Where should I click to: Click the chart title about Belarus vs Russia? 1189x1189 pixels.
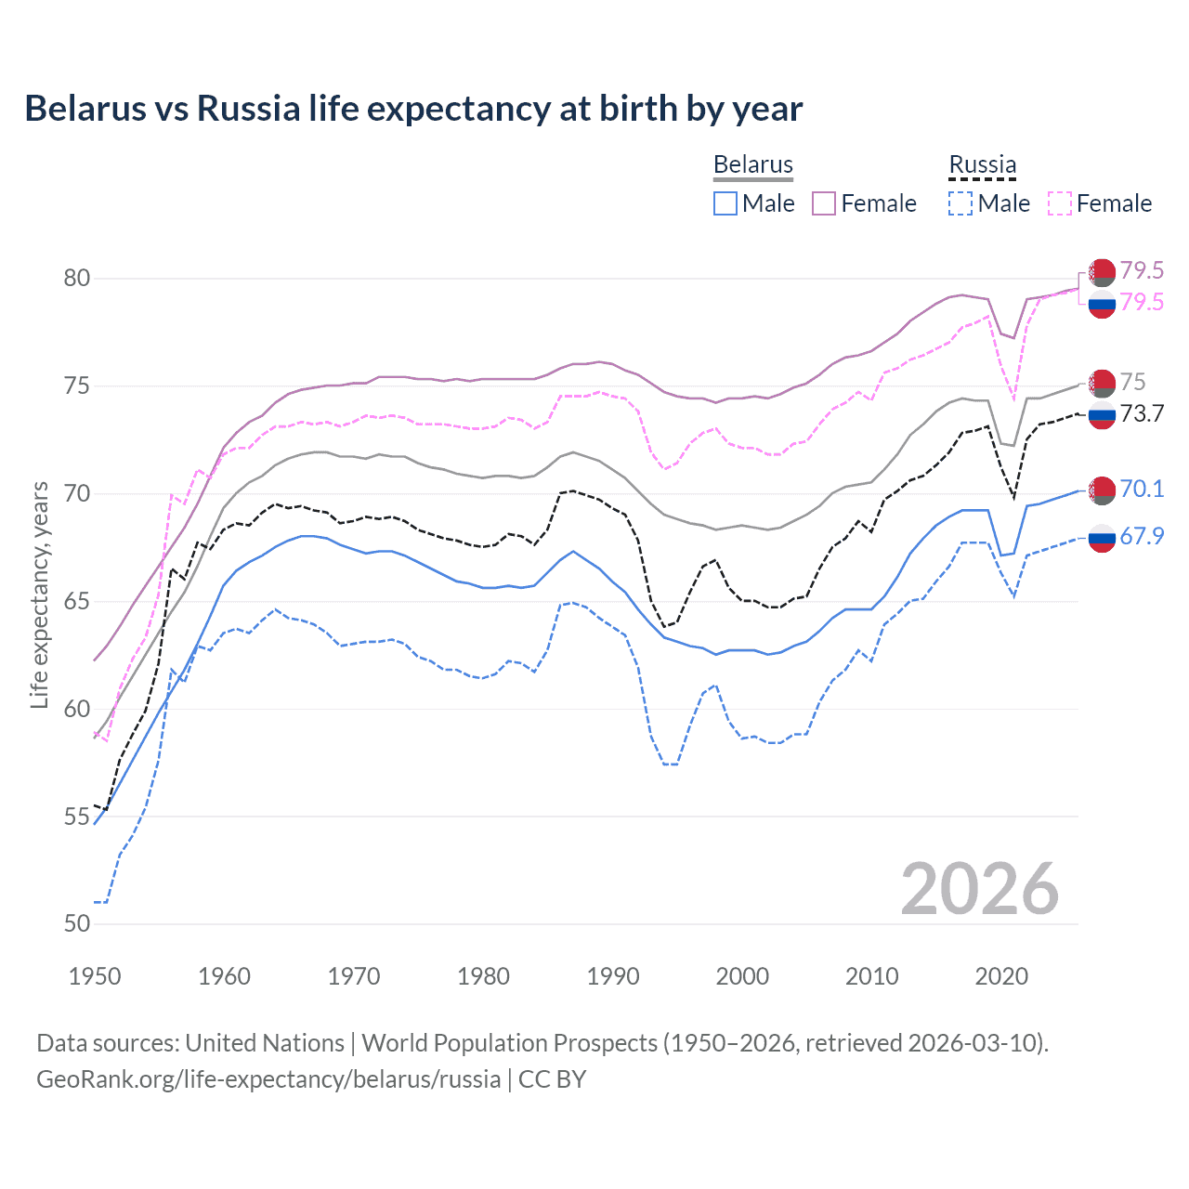[x=413, y=109]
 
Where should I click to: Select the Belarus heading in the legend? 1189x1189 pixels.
[x=752, y=164]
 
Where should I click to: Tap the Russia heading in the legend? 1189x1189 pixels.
[x=982, y=164]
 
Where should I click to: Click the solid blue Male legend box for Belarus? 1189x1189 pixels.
[x=725, y=203]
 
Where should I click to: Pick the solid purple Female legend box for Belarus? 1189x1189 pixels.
[x=824, y=203]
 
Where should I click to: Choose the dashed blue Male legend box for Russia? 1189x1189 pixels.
[x=960, y=203]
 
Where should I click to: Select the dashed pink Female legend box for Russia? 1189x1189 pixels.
[x=1059, y=203]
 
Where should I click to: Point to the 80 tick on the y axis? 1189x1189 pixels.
[x=77, y=278]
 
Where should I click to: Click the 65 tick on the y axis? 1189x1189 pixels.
[x=77, y=601]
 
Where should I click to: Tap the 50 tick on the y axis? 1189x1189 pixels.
[x=77, y=923]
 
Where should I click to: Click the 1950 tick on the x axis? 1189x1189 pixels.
[x=95, y=976]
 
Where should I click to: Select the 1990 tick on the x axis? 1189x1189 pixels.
[x=613, y=976]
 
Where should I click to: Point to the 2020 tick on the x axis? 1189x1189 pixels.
[x=1001, y=976]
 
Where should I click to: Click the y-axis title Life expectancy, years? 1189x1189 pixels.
[x=39, y=594]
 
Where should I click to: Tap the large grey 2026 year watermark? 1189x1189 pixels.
[x=980, y=889]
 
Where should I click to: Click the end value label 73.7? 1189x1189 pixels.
[x=1142, y=414]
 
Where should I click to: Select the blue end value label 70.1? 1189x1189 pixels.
[x=1142, y=490]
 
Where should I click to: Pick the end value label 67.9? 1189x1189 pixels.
[x=1142, y=537]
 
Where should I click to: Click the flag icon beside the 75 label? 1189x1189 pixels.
[x=1102, y=383]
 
